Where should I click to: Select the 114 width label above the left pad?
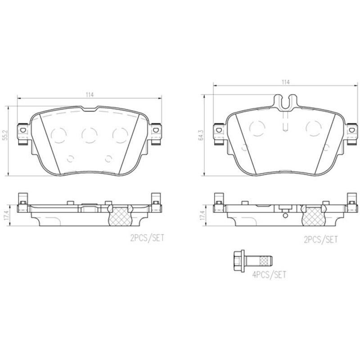pyautogui.click(x=90, y=94)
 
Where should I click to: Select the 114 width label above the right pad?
pyautogui.click(x=286, y=82)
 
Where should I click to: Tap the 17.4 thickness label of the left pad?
pyautogui.click(x=6, y=216)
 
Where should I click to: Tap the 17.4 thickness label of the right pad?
pyautogui.click(x=202, y=216)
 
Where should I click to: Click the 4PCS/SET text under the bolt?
pyautogui.click(x=269, y=275)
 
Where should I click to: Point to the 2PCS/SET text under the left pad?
pyautogui.click(x=147, y=238)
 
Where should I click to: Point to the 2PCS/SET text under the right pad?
pyautogui.click(x=321, y=240)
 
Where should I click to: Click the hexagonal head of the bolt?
pyautogui.click(x=239, y=261)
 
